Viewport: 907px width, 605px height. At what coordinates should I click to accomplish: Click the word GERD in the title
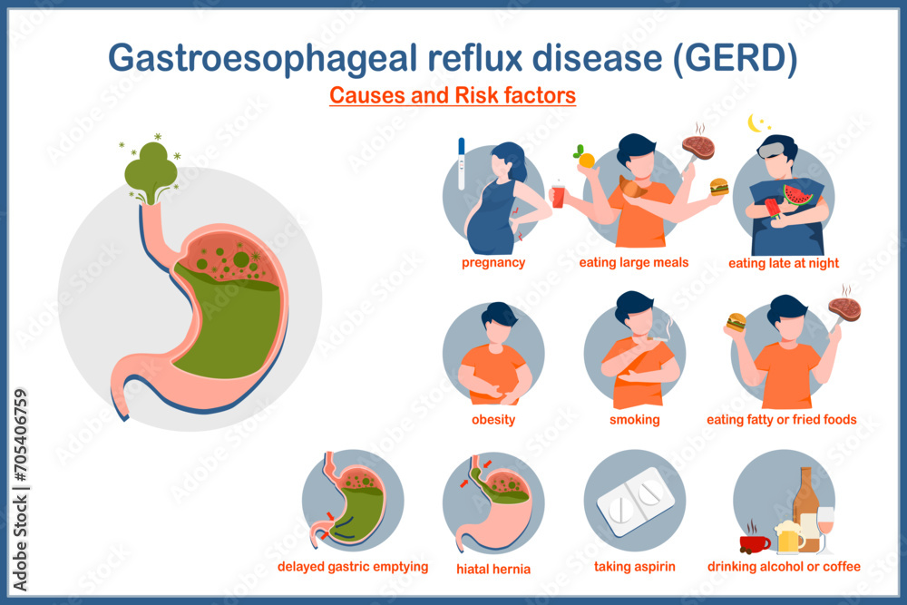[736, 58]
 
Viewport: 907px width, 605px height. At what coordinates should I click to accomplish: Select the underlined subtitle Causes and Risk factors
[453, 95]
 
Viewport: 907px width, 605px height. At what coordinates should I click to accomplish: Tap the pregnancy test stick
[461, 163]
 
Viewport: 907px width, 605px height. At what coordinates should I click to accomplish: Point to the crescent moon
[754, 123]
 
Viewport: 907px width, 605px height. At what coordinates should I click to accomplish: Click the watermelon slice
[797, 196]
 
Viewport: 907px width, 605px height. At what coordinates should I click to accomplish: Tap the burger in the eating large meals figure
[718, 187]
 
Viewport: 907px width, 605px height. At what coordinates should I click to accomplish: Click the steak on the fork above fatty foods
[844, 309]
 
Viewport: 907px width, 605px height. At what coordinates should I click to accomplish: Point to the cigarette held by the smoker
[658, 339]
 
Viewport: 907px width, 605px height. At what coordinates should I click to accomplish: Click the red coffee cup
[755, 543]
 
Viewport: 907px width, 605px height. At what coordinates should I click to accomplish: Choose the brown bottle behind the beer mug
[805, 509]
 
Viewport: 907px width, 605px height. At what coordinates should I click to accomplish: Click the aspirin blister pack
[635, 502]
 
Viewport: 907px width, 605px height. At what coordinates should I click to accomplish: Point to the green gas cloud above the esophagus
[151, 169]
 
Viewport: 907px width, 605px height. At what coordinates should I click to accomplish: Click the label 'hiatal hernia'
[493, 569]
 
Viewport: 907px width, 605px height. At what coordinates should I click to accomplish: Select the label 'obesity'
[493, 419]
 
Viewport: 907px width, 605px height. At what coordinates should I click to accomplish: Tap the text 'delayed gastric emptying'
[353, 567]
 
